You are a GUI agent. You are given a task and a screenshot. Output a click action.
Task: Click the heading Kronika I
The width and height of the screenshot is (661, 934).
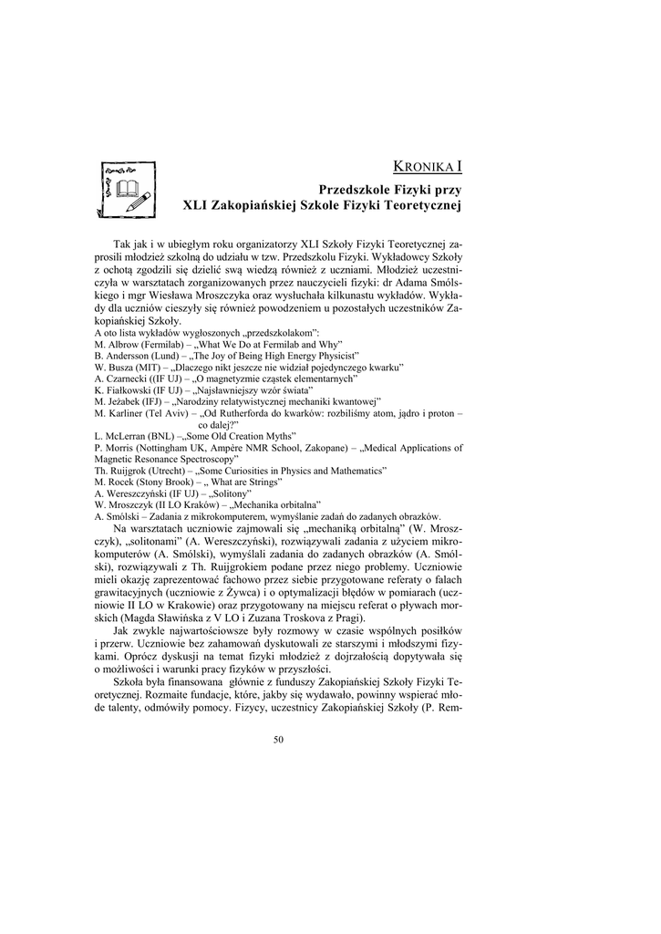point(427,166)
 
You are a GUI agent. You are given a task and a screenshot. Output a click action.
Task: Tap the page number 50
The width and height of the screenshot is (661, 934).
point(279,738)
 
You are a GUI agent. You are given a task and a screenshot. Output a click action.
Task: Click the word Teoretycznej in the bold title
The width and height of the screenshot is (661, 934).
point(422,206)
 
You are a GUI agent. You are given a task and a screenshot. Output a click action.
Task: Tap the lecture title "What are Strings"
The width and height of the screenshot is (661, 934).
point(246,482)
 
